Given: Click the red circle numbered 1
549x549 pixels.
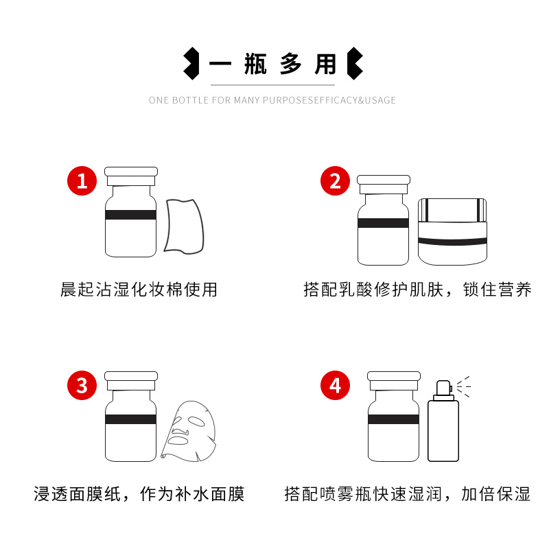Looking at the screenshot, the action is click(x=82, y=180).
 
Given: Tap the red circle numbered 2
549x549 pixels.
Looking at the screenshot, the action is click(x=335, y=180).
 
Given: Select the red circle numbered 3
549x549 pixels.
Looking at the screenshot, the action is click(x=82, y=385).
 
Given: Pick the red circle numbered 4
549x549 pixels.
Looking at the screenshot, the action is click(x=335, y=385).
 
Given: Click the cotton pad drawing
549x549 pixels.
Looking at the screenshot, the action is click(x=185, y=226).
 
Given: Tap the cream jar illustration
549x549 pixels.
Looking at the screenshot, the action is click(x=452, y=231).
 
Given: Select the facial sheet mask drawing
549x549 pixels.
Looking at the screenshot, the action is click(x=189, y=432).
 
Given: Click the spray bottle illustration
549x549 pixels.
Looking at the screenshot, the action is click(x=443, y=421).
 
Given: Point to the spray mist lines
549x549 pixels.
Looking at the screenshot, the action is click(x=464, y=386).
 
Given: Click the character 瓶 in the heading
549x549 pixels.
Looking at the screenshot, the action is click(x=255, y=64).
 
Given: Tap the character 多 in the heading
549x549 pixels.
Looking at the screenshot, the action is click(x=290, y=64).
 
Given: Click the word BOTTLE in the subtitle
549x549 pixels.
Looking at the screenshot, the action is click(x=191, y=100).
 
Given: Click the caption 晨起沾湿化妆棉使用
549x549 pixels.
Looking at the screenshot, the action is click(x=139, y=290).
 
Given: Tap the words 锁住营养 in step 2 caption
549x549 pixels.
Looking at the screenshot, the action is click(x=497, y=290).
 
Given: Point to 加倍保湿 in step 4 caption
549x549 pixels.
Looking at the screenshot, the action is click(x=495, y=494).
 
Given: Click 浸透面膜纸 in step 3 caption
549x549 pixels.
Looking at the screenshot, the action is click(x=78, y=494).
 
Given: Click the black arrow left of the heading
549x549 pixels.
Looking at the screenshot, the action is click(x=191, y=63).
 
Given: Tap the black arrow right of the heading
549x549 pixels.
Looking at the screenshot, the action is click(x=355, y=63).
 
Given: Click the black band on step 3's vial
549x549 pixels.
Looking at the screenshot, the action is click(x=130, y=419).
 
